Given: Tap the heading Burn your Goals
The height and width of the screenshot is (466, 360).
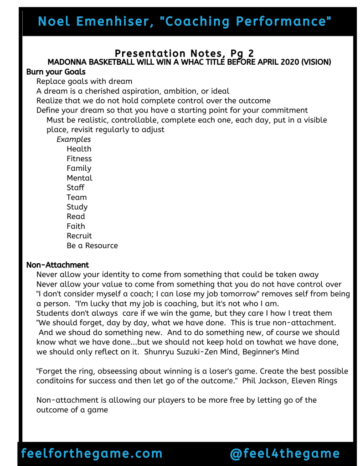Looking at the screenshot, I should [56, 72].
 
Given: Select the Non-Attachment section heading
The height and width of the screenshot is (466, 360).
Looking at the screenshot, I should [57, 265].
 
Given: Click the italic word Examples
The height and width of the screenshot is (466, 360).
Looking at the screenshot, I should [73, 139].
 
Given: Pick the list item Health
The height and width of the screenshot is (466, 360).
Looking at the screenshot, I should [79, 149].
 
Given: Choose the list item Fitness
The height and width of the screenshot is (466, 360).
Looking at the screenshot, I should [79, 159].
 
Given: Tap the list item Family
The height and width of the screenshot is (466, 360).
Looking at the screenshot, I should [79, 168].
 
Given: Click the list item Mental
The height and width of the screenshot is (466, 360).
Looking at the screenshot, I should [79, 178].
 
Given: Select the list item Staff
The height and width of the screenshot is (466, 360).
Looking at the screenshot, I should [75, 188].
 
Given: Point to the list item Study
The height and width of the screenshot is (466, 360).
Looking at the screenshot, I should [77, 207].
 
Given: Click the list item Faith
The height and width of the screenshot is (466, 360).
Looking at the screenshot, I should [76, 226].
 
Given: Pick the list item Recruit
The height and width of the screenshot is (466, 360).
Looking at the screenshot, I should [79, 236].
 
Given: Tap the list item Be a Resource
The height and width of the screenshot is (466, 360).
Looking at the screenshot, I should [92, 246].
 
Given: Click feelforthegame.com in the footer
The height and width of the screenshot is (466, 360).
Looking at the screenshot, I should [92, 454].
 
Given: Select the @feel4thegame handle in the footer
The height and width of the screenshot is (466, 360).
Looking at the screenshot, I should [285, 454].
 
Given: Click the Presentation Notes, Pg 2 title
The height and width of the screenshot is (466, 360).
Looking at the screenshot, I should [184, 54].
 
